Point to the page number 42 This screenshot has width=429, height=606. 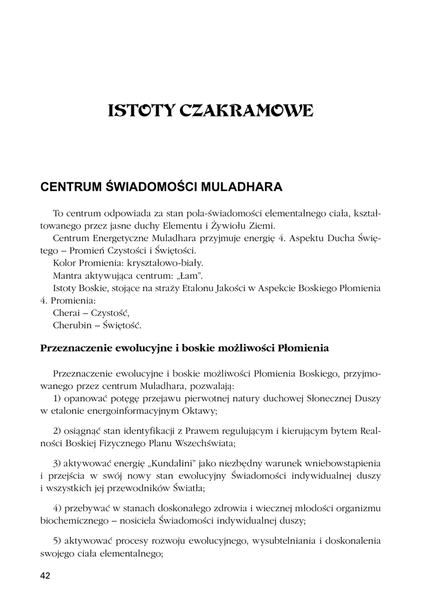[x=45, y=576]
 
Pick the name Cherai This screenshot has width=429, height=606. [x=66, y=312]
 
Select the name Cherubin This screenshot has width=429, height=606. [x=70, y=325]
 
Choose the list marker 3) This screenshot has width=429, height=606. [x=58, y=461]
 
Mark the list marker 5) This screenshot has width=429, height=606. [x=58, y=541]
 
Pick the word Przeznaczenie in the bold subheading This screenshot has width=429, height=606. [x=75, y=349]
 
